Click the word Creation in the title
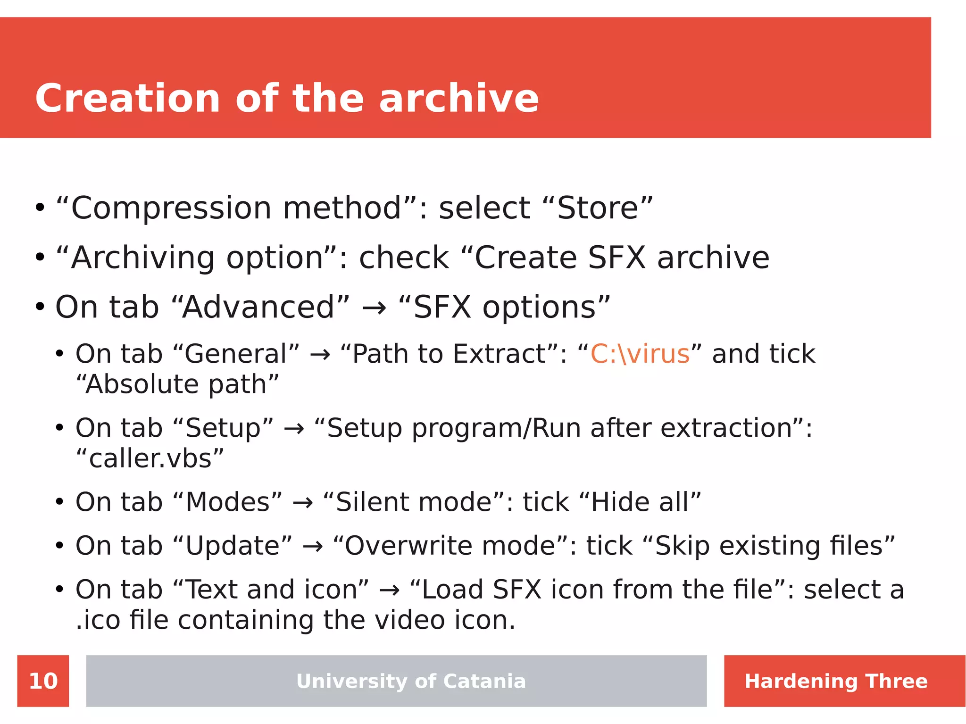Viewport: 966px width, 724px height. [127, 99]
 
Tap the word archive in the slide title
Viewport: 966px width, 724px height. [458, 99]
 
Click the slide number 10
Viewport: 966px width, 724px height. [43, 681]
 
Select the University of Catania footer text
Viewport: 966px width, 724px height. [410, 681]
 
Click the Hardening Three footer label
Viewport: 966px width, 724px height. [836, 681]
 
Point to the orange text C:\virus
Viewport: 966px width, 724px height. [640, 354]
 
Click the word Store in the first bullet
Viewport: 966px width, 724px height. [598, 208]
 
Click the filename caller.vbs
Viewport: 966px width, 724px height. [150, 458]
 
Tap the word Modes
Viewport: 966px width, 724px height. [228, 502]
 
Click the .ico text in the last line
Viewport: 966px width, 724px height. [98, 620]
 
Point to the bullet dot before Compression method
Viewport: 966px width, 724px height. [40, 208]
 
